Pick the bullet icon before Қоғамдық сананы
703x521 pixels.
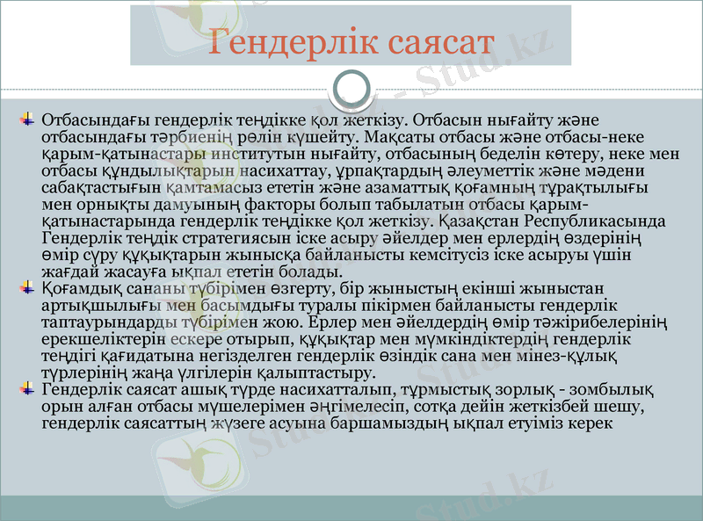pos(28,287)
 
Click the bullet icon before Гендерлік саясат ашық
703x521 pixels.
pos(28,388)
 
